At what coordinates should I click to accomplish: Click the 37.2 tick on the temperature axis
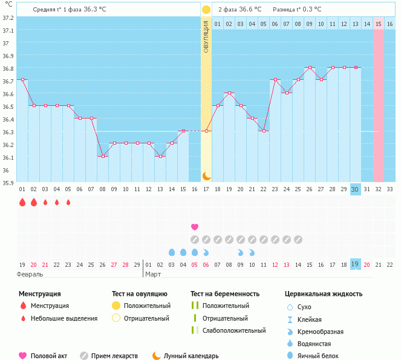7,18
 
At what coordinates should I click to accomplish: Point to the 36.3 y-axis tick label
7,132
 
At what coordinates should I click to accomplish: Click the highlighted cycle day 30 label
356,189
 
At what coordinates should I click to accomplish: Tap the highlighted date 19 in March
356,264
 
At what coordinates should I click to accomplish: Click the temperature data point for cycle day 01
22,80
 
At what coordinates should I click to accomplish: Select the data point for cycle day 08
103,156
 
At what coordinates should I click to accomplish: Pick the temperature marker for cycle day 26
310,67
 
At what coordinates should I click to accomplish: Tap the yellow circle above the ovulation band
206,10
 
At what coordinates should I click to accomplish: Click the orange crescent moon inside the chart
206,176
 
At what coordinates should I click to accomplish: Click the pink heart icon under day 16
195,227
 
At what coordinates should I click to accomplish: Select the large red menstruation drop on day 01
22,202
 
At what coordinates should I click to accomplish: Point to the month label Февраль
30,274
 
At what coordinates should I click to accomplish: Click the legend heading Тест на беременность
225,294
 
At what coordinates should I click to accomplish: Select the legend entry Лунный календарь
195,356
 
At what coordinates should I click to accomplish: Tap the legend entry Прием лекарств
114,356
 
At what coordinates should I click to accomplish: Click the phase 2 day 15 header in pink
379,24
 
